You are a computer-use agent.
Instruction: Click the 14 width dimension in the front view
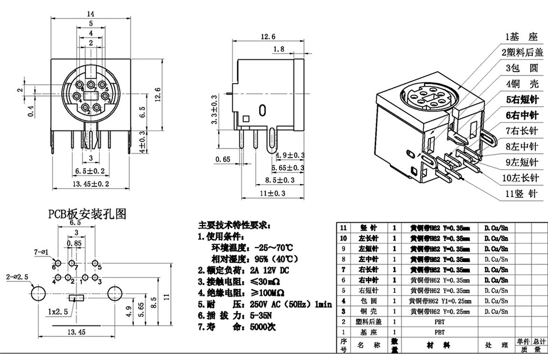pos(90,13)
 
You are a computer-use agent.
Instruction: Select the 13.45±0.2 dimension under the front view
pos(91,183)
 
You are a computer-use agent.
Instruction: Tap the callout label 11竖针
pos(521,194)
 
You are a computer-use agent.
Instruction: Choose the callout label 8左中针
pos(521,147)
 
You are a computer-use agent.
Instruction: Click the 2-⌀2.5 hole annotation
pos(17,277)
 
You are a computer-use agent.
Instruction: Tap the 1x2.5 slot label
pos(58,311)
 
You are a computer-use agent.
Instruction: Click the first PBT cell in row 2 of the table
pos(440,321)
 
